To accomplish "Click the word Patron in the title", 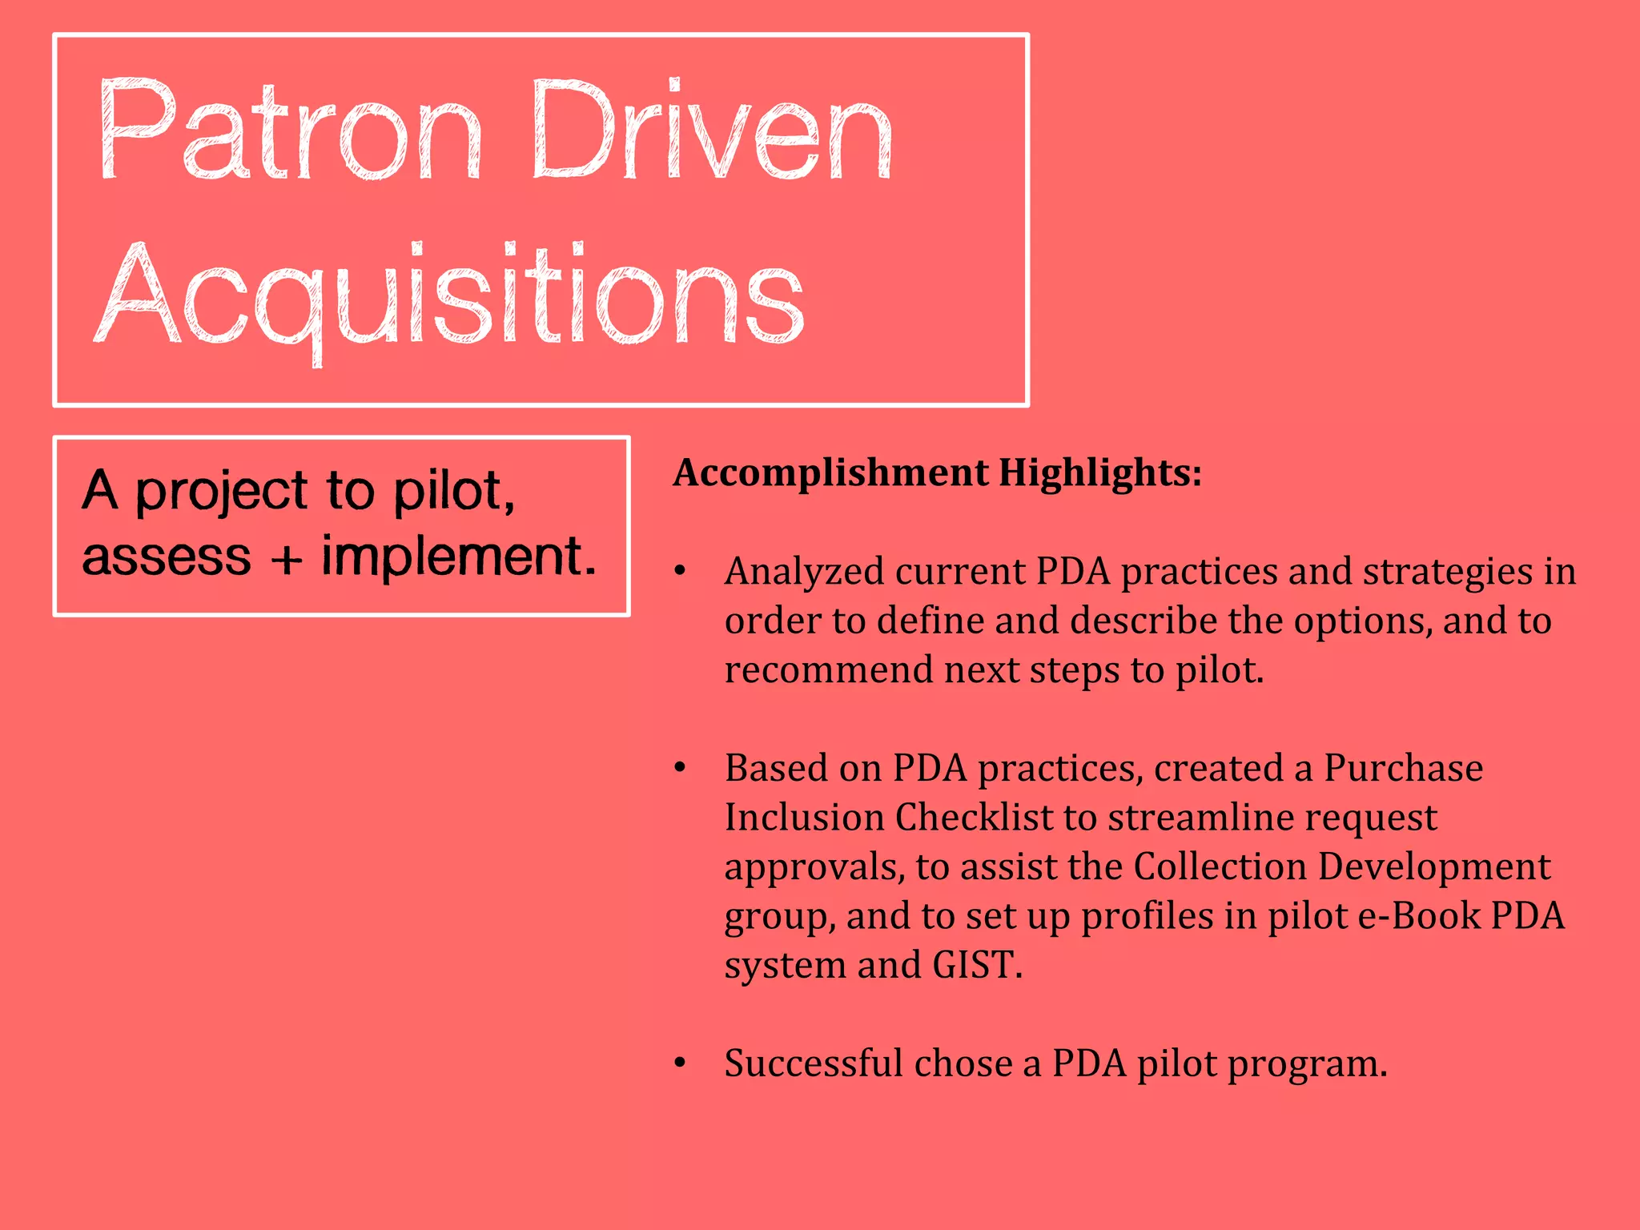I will click(291, 130).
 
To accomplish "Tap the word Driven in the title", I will click(711, 130).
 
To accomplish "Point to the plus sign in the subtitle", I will click(286, 558).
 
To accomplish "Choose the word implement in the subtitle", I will click(459, 557).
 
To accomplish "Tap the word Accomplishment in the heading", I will click(830, 473).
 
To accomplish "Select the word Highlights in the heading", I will click(1099, 473).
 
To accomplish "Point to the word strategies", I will click(1449, 572).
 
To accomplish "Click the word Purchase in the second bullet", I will click(1403, 769).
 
